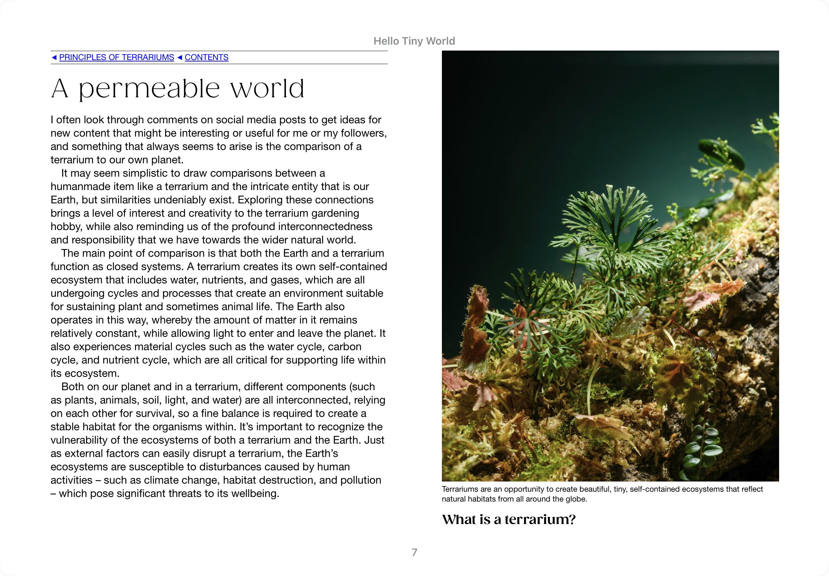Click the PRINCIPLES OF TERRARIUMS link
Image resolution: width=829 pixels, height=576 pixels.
pyautogui.click(x=116, y=57)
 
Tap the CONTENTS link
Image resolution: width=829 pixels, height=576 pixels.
pyautogui.click(x=207, y=57)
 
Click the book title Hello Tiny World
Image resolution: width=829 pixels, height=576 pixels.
pyautogui.click(x=414, y=41)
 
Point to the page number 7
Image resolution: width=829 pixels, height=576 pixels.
pyautogui.click(x=414, y=552)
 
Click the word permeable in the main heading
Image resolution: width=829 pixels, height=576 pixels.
pyautogui.click(x=149, y=89)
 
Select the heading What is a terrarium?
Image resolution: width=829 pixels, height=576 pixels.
pyautogui.click(x=509, y=519)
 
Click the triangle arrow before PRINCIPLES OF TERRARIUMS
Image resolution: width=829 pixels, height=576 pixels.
pyautogui.click(x=54, y=57)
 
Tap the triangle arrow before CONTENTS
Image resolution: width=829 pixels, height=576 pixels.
pyautogui.click(x=180, y=57)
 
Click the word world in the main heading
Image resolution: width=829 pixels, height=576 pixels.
pyautogui.click(x=267, y=89)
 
